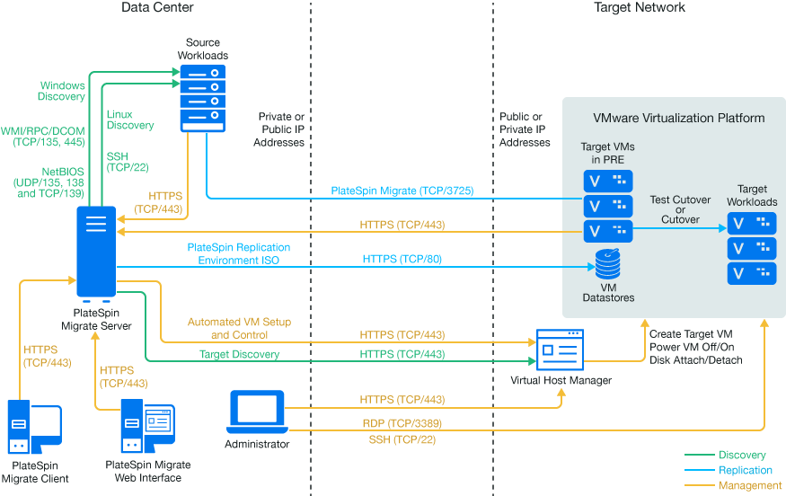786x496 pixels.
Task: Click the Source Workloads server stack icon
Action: pos(202,97)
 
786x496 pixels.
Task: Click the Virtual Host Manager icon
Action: pos(560,350)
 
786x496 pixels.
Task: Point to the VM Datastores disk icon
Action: pos(606,265)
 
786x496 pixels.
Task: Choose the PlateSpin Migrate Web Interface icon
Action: pos(147,430)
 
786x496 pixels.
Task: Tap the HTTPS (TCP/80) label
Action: pos(402,259)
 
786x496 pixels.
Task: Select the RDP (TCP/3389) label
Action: pos(402,422)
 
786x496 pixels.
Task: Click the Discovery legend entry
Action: pos(743,456)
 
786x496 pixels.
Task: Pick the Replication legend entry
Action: pos(746,470)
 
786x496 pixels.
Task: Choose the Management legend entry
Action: pos(750,485)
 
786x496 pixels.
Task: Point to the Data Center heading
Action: pos(157,7)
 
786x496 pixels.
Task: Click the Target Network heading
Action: pos(640,7)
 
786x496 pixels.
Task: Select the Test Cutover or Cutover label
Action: pos(680,209)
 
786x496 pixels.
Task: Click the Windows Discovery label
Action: pos(62,91)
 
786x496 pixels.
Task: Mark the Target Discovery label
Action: pos(239,355)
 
